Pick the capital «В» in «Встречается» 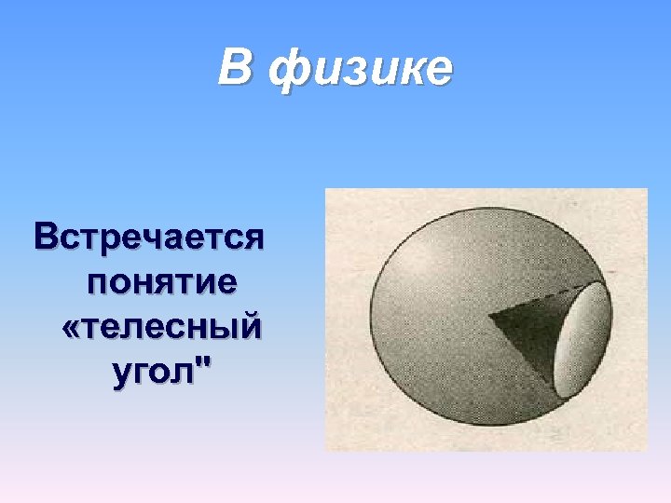pos(47,236)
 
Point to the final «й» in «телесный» pos(250,326)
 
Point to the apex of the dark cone pos(488,315)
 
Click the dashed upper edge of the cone pos(541,296)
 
